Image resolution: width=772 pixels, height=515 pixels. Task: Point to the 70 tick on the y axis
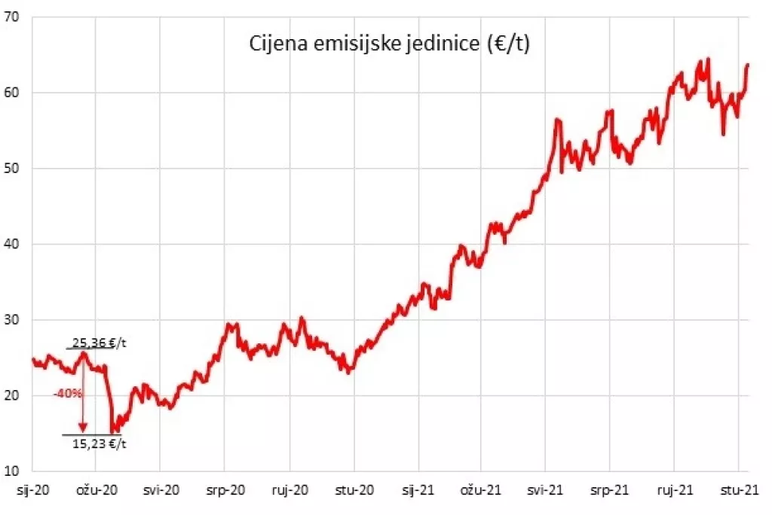(12, 17)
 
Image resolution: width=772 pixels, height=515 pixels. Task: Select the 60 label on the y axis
(12, 93)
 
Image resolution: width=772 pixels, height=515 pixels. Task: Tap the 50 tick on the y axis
(12, 169)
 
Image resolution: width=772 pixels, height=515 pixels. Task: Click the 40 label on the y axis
(12, 244)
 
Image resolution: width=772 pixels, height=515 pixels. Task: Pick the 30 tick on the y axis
(12, 320)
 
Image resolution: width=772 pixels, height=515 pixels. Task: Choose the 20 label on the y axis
(12, 395)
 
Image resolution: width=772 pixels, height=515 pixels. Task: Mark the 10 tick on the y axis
(12, 471)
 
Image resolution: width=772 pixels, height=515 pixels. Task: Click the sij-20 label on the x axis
(32, 489)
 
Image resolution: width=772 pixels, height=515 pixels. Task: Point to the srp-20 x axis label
(226, 489)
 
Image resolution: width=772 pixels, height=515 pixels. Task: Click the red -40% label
(66, 393)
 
